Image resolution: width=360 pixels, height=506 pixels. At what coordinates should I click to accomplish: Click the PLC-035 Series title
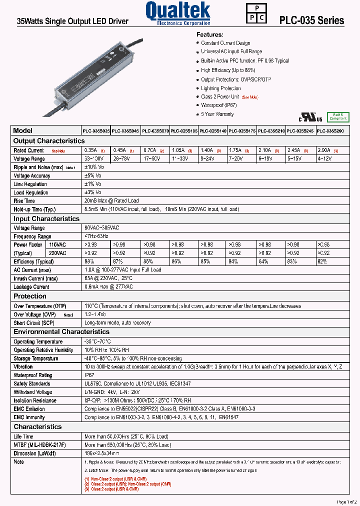pyautogui.click(x=311, y=20)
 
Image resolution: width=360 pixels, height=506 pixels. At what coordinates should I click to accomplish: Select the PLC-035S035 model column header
pyautogui.click(x=96, y=130)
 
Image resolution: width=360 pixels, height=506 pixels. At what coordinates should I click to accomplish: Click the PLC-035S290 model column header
pyautogui.click(x=330, y=130)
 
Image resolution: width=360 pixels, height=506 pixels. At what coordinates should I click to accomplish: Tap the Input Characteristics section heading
pyautogui.click(x=46, y=218)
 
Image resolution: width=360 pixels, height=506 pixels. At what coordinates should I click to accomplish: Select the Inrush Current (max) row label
pyautogui.click(x=36, y=278)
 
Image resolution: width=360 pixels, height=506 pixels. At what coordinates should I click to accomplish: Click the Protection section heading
pyautogui.click(x=30, y=296)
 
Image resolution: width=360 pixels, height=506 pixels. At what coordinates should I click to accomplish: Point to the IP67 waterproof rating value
pyautogui.click(x=90, y=375)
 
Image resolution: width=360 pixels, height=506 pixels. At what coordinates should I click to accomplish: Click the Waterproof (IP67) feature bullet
pyautogui.click(x=219, y=105)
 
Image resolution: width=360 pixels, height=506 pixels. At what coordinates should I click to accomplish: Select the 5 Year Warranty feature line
pyautogui.click(x=217, y=114)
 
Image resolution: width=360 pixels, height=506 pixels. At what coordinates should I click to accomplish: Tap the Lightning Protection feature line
pyautogui.click(x=220, y=88)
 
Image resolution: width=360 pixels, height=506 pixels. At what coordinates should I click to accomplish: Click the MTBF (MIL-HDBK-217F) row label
pyautogui.click(x=39, y=444)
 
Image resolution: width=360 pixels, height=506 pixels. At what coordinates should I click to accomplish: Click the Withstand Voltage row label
pyautogui.click(x=34, y=392)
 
